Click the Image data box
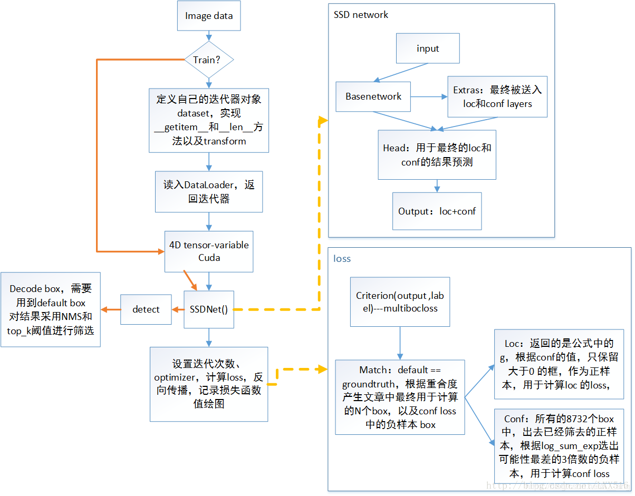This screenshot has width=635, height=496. [x=209, y=16]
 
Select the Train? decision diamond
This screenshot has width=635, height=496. [x=209, y=60]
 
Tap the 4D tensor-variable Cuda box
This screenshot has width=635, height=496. [x=209, y=251]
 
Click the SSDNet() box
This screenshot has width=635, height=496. [x=209, y=309]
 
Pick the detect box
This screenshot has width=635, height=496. [x=146, y=309]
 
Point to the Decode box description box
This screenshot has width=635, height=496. [x=51, y=310]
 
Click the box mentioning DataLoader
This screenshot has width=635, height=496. [x=209, y=192]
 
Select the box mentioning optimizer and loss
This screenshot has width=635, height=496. [x=209, y=384]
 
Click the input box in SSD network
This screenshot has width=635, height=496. [x=428, y=48]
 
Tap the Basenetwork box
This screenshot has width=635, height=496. [x=373, y=96]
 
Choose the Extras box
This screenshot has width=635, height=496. [x=497, y=96]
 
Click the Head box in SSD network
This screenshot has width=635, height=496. [x=437, y=155]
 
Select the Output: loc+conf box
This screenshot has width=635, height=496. [x=437, y=211]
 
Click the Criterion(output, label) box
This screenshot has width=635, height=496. [x=400, y=302]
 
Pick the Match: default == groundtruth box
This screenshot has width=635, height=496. [x=400, y=397]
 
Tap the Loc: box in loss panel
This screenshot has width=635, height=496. [x=559, y=364]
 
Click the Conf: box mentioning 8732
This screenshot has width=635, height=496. [x=559, y=446]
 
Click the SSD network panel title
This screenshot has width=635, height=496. [x=361, y=15]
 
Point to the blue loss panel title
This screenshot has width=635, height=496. [x=342, y=259]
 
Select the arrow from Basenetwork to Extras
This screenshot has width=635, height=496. [x=429, y=96]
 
